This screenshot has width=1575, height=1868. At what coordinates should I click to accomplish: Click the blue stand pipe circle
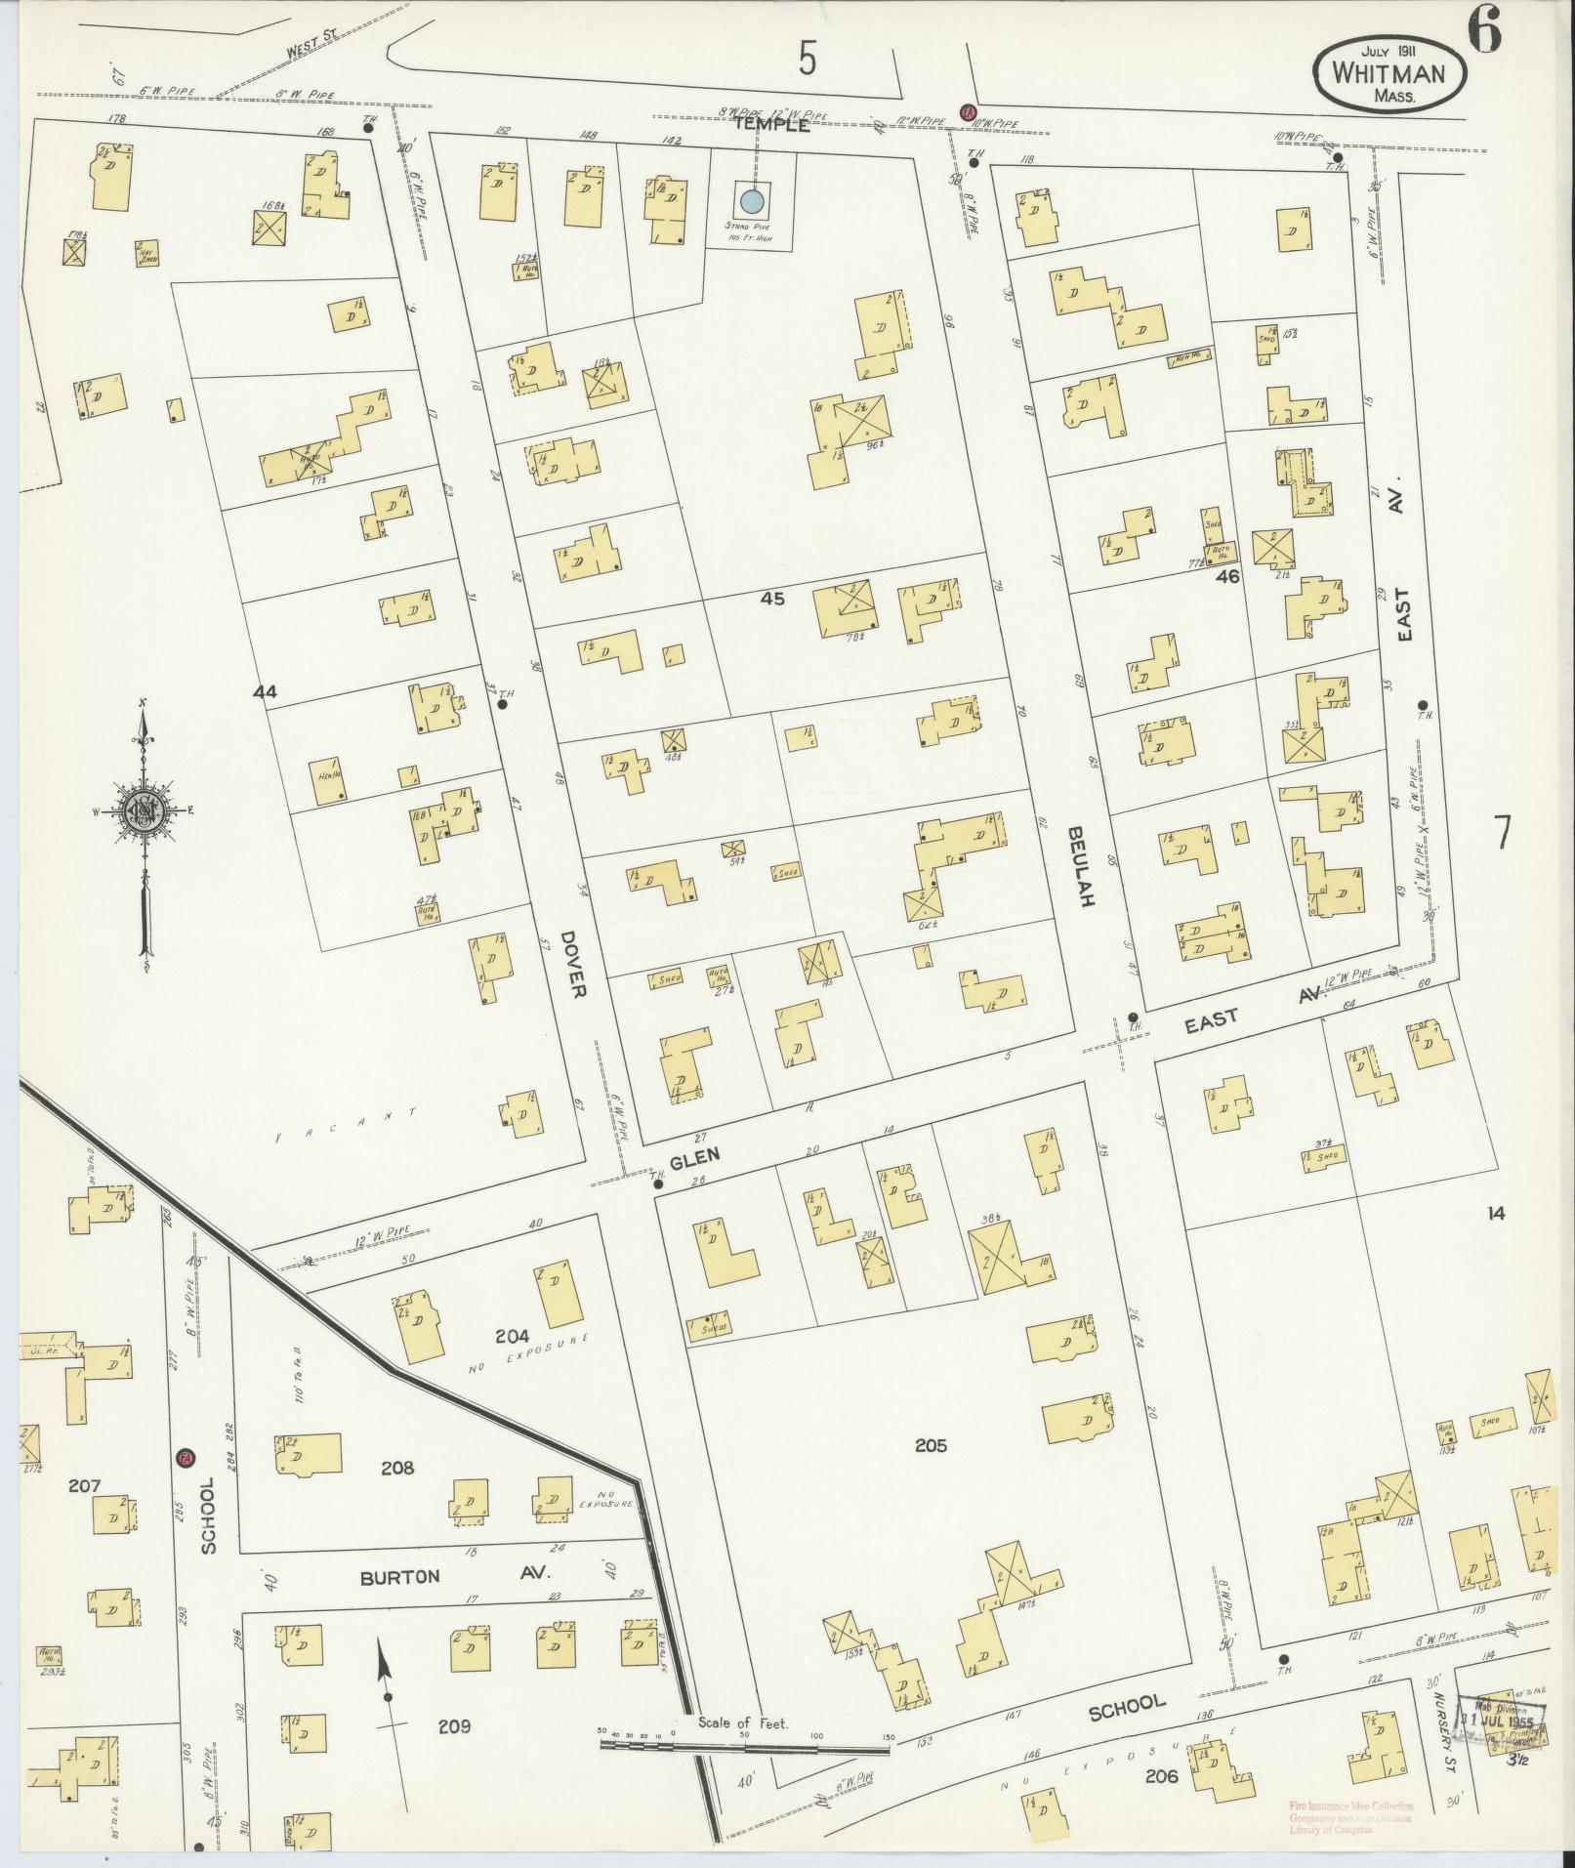coord(751,202)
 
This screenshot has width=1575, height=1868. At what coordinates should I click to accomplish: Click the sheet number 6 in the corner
coord(1482,34)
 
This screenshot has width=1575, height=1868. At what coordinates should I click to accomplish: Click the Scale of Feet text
coord(743,1723)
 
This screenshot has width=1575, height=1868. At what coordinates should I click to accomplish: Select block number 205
coord(931,1445)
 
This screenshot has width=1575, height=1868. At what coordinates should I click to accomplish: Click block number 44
coord(265,691)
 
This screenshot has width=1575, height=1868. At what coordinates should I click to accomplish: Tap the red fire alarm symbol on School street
coord(184,1458)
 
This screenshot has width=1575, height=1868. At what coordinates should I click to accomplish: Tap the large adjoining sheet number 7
coord(1502,831)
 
